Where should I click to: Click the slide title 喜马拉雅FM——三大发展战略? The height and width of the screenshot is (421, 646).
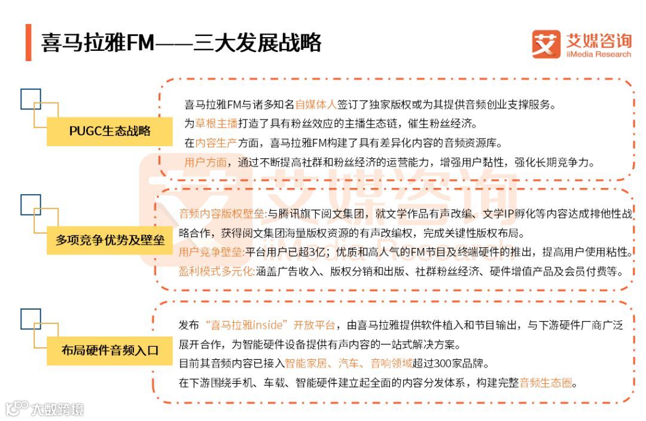coord(181,43)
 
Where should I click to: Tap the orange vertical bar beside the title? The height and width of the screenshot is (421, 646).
coord(28,43)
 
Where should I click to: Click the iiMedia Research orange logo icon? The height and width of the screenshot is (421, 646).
coord(546,44)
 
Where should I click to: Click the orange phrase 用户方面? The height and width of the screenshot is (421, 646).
coord(206,162)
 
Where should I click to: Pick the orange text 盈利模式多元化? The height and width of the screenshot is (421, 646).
coord(216,271)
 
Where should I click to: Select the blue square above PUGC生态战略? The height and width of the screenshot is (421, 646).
coord(31,99)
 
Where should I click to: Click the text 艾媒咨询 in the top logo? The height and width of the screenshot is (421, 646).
coord(598,41)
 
